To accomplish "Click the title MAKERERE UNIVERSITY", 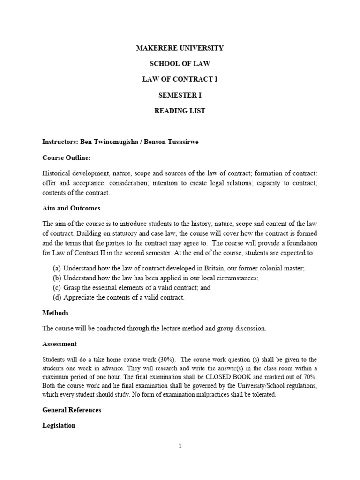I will coord(180,48).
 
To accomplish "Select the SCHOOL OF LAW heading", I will coord(180,64).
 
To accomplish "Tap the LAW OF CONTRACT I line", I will coord(180,79).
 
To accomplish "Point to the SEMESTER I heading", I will coord(180,95).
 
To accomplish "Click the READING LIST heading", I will coord(180,111).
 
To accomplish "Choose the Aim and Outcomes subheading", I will coord(71,208).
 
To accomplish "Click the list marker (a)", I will coord(56,269).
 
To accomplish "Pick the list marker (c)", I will coord(56,288).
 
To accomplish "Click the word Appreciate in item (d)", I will coord(80,298).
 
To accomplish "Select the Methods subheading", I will coord(55,313).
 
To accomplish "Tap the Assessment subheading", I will coord(60,344).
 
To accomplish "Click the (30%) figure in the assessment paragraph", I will coord(166,360).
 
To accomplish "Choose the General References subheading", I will coord(72,410).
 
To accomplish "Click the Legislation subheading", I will coord(59,426).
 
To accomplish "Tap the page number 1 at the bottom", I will coord(180,446).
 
